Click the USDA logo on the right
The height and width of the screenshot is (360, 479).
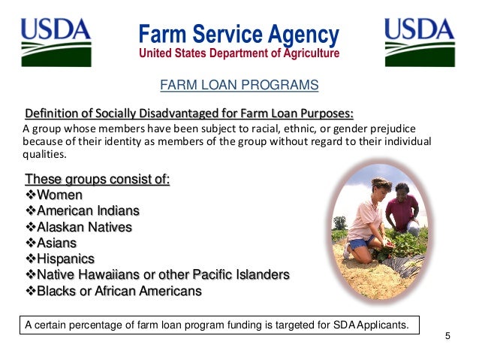419,42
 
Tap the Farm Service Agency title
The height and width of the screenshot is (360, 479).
239,34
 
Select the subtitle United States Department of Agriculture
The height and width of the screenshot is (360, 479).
239,53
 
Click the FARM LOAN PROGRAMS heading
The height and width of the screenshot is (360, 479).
239,86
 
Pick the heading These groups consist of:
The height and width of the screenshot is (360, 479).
98,180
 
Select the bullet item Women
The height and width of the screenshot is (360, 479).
59,195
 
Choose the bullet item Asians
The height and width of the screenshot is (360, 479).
56,243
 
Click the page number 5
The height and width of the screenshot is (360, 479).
447,335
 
